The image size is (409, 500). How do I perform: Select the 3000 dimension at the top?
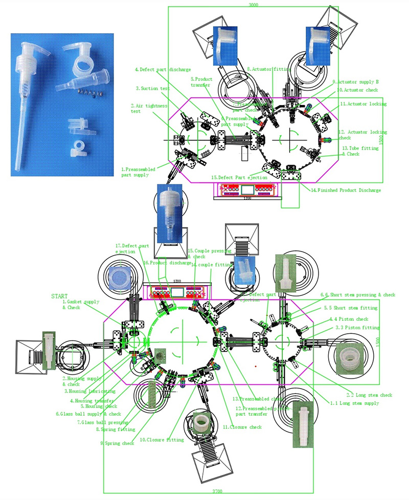click(253, 4)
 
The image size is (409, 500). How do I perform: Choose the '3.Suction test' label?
click(153, 88)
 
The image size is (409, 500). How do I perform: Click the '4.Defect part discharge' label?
click(163, 69)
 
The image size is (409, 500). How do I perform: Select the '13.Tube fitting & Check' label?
click(360, 151)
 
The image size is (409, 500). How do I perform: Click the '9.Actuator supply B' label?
click(355, 82)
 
